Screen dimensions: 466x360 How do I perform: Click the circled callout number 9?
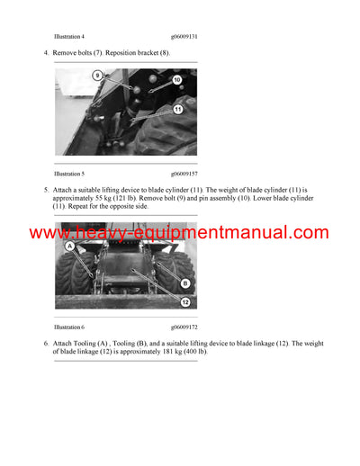point(97,76)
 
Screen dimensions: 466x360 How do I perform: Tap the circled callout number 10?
point(176,80)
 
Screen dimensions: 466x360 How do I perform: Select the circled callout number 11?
point(177,109)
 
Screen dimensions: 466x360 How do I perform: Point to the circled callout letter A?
point(69,245)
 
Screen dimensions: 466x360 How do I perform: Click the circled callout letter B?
point(184,283)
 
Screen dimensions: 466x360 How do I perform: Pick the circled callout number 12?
point(184,302)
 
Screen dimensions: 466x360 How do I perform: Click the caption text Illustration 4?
point(69,36)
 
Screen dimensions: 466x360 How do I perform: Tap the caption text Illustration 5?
point(69,173)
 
